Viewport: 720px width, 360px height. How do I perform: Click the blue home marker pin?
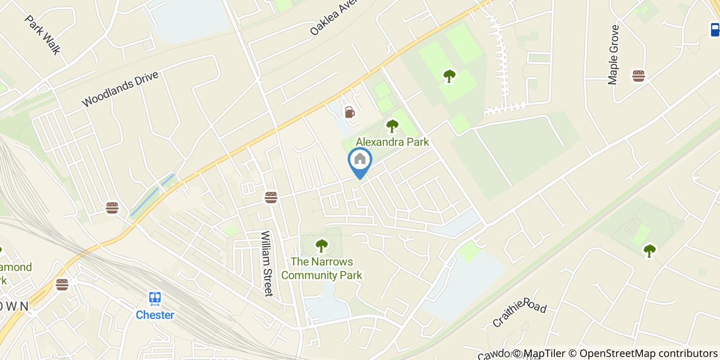(360, 160)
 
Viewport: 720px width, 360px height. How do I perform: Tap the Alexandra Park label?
(392, 142)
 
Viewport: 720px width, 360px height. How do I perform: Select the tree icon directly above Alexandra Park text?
(392, 125)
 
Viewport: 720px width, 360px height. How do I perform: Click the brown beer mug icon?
(350, 112)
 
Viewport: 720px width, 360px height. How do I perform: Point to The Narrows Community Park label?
(321, 268)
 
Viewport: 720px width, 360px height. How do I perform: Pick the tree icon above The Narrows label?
(321, 246)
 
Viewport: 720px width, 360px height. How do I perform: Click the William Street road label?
(266, 263)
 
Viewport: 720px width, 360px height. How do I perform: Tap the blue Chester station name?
(155, 315)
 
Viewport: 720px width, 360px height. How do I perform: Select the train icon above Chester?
(155, 298)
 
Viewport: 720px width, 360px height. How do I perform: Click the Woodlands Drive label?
(120, 89)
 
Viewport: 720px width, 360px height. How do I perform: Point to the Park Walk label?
(43, 34)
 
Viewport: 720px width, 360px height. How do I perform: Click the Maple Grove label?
(614, 55)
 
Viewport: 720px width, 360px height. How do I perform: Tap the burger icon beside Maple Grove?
(639, 76)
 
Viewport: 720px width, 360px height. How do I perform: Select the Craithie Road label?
(519, 312)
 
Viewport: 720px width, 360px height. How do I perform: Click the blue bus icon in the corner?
(715, 29)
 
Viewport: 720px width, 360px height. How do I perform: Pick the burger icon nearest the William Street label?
(271, 197)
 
